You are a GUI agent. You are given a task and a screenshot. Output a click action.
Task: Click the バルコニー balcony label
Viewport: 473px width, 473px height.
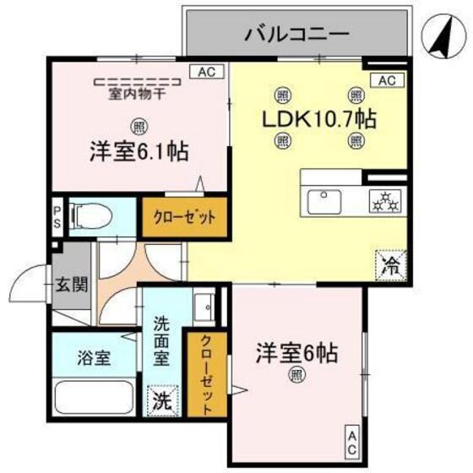click(x=296, y=35)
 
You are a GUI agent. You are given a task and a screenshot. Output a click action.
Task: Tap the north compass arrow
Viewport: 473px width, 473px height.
click(x=438, y=37)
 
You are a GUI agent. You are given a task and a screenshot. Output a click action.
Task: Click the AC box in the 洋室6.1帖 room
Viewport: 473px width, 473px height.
click(x=207, y=72)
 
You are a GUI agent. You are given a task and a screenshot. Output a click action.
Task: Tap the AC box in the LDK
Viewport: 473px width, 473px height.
click(x=387, y=81)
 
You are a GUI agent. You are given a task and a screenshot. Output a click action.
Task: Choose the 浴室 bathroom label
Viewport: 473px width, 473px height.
click(x=94, y=356)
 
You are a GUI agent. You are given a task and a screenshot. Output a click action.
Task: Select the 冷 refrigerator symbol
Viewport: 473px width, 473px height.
click(x=391, y=265)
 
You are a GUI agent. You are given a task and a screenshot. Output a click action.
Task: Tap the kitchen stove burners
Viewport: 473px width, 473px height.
click(x=387, y=202)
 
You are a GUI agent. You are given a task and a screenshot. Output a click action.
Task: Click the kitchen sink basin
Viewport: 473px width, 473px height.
click(x=326, y=202)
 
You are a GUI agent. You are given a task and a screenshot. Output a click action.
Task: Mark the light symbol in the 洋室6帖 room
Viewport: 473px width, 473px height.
click(x=296, y=374)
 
